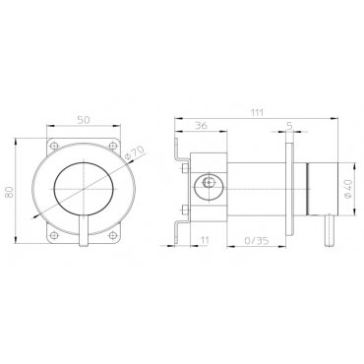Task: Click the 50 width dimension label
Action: (84, 120)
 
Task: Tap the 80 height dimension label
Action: (9, 191)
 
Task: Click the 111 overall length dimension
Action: (257, 112)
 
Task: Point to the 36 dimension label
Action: (201, 125)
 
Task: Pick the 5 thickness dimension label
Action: (289, 126)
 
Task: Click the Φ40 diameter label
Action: (348, 189)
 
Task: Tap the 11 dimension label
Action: (205, 240)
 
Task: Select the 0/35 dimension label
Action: (257, 240)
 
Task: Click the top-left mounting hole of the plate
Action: (55, 145)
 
